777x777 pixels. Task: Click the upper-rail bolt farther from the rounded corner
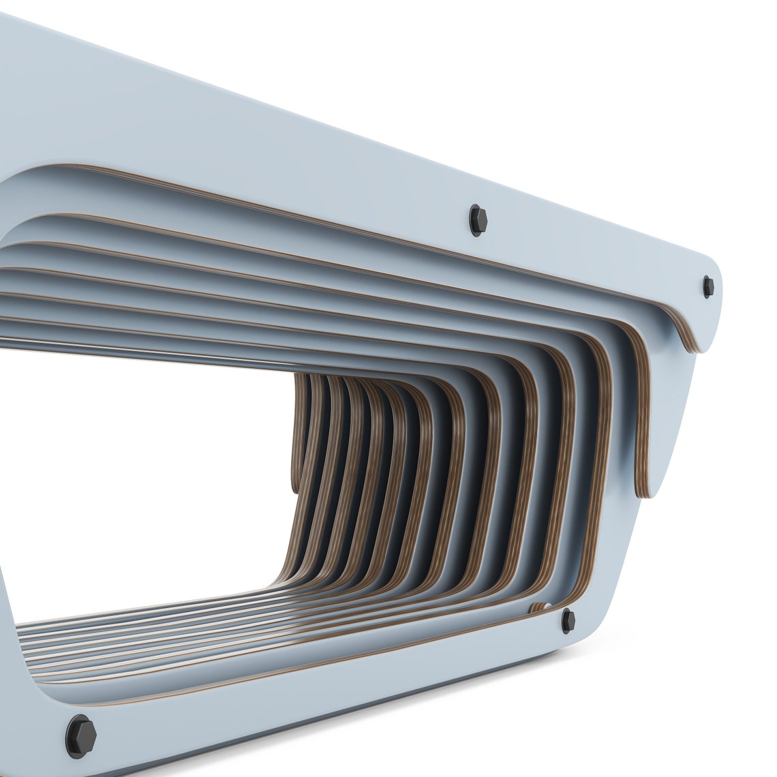[x=477, y=219]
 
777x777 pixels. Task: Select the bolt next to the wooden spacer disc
[x=568, y=618]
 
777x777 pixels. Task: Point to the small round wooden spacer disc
[x=543, y=606]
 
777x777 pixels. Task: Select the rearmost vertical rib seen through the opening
[x=299, y=436]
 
